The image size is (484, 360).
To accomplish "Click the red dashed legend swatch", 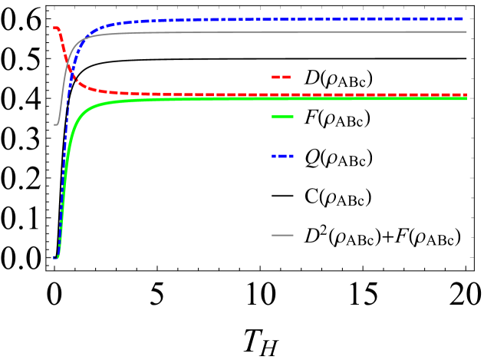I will pyautogui.click(x=282, y=77).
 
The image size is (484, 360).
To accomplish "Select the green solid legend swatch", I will pyautogui.click(x=282, y=117).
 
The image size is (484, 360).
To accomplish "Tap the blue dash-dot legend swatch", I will pyautogui.click(x=282, y=156).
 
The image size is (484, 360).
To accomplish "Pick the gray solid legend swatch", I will pyautogui.click(x=282, y=235).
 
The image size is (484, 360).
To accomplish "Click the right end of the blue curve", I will pyautogui.click(x=466, y=18).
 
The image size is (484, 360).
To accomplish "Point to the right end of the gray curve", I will pyautogui.click(x=466, y=32).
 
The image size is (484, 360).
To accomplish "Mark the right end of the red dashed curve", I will pyautogui.click(x=466, y=94).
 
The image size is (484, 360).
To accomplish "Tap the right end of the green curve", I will pyautogui.click(x=466, y=98).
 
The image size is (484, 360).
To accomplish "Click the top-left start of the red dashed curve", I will pyautogui.click(x=54, y=28).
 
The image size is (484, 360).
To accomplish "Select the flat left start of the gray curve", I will pyautogui.click(x=55, y=124).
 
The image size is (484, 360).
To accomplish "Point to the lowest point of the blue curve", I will pyautogui.click(x=55, y=257).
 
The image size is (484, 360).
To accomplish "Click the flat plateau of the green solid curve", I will pyautogui.click(x=307, y=98).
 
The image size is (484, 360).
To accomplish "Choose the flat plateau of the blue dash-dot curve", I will pyautogui.click(x=307, y=19).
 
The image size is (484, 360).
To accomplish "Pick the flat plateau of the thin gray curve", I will pyautogui.click(x=307, y=32).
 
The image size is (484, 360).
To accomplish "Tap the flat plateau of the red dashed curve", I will pyautogui.click(x=230, y=94).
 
